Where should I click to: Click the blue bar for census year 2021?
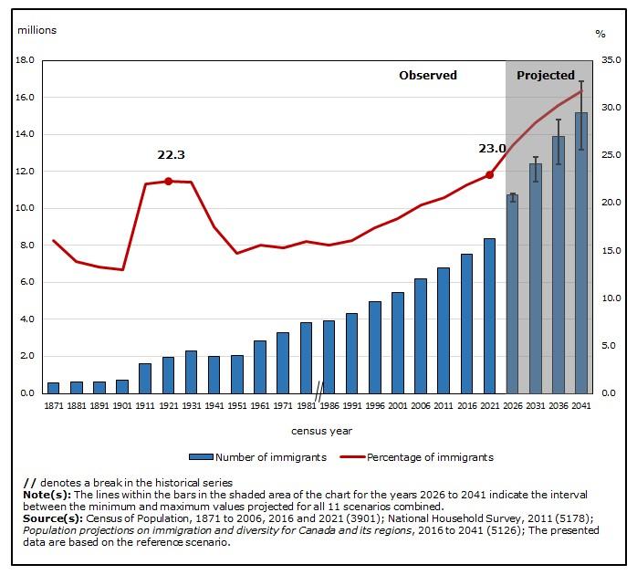489,316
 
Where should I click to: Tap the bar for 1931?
191,371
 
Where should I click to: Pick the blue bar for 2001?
397,342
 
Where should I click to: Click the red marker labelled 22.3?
168,181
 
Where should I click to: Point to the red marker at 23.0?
489,174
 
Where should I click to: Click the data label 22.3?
171,155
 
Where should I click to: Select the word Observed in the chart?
427,75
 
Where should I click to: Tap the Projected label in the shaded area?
546,75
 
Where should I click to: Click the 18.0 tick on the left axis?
26,60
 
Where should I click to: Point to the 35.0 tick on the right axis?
611,60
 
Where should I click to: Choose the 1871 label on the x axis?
53,405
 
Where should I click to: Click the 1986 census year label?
329,405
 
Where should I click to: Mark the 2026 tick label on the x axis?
512,405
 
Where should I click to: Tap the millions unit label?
37,30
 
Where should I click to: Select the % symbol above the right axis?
600,34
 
